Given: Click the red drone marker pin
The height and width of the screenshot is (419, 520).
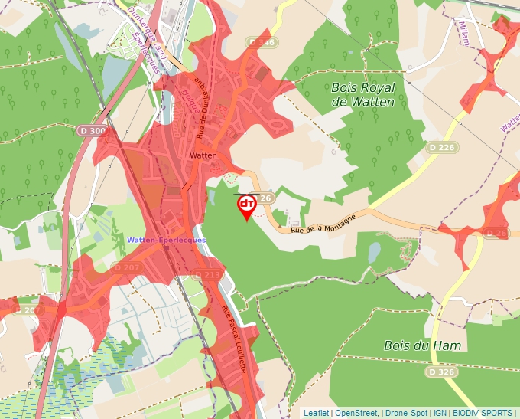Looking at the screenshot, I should click(x=247, y=206).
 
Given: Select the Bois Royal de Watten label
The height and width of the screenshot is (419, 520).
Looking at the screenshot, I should click(x=363, y=95).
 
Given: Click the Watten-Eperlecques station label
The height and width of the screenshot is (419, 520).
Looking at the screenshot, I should click(x=167, y=241).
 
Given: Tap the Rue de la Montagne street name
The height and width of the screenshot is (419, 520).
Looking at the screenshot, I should click(x=323, y=224).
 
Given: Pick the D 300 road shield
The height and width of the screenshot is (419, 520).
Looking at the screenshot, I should click(x=93, y=131).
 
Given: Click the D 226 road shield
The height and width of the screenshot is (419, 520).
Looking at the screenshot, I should click(x=442, y=146).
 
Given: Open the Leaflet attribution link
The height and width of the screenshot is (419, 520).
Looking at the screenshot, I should click(x=317, y=413).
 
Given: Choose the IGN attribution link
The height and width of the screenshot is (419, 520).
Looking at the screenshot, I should click(x=440, y=413).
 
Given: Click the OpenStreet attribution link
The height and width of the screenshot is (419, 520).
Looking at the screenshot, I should click(x=356, y=413).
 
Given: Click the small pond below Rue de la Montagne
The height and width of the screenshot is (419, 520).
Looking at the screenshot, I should click(x=374, y=251).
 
